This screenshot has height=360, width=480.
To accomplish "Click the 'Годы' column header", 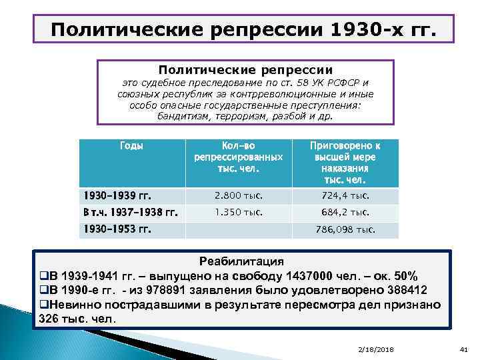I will [x=131, y=145].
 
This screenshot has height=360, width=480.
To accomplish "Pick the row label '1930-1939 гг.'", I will [x=117, y=196].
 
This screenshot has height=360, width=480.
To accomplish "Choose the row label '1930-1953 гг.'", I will [x=117, y=229].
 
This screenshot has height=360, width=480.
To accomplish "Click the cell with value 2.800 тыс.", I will [x=239, y=196].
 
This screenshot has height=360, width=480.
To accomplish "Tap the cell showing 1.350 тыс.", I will [x=239, y=213].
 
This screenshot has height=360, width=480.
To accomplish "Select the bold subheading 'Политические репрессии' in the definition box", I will [x=245, y=69].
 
